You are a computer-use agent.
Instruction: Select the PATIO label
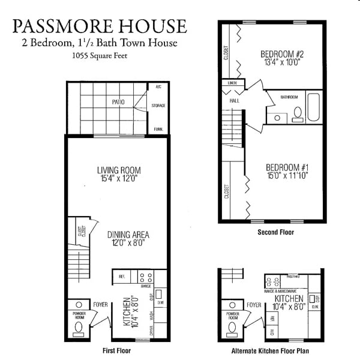pyautogui.click(x=118, y=102)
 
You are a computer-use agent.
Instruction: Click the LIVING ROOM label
pyautogui.click(x=118, y=170)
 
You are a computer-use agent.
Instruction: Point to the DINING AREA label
pyautogui.click(x=128, y=235)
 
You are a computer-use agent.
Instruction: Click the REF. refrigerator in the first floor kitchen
pyautogui.click(x=122, y=277)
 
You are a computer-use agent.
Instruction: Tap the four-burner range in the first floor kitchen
pyautogui.click(x=145, y=277)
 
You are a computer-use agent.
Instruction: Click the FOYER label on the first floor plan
pyautogui.click(x=100, y=305)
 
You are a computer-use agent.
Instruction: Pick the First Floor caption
pyautogui.click(x=116, y=350)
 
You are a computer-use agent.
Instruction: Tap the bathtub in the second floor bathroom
pyautogui.click(x=314, y=107)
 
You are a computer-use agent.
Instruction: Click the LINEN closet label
pyautogui.click(x=232, y=82)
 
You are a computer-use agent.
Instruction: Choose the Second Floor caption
pyautogui.click(x=275, y=232)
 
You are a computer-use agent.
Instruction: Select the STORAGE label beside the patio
pyautogui.click(x=158, y=106)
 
